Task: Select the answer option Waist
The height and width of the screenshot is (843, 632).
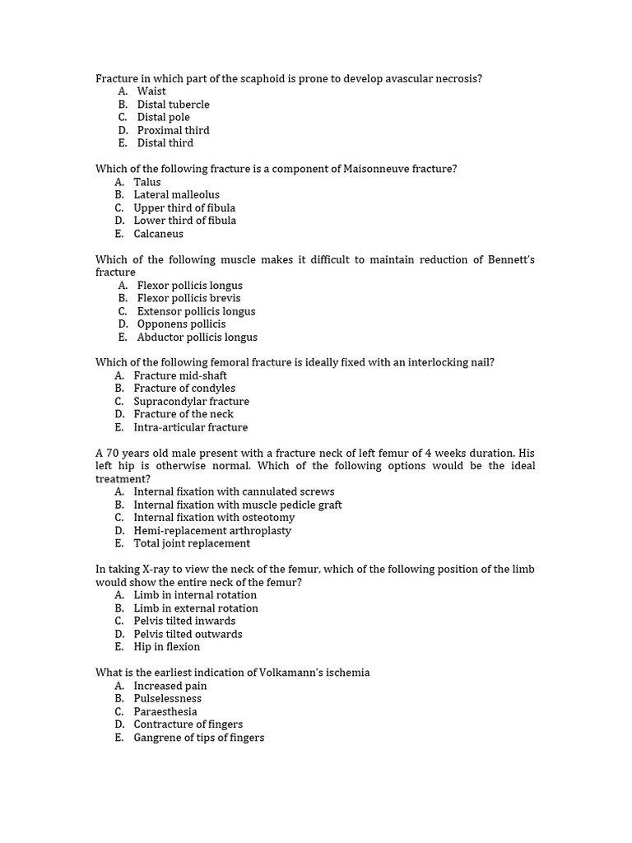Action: click(151, 91)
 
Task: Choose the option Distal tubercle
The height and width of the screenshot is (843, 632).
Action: click(173, 105)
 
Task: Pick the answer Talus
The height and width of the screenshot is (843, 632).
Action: click(147, 182)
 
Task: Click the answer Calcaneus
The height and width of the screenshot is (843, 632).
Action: click(159, 234)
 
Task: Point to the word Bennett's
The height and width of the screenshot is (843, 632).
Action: click(510, 259)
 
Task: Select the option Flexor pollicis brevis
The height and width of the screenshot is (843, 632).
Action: click(189, 298)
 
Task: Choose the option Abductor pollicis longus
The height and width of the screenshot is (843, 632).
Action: click(197, 337)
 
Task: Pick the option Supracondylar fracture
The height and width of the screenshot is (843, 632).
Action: click(191, 401)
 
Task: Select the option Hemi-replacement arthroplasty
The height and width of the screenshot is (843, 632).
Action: click(212, 530)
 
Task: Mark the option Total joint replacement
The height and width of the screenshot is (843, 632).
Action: click(192, 543)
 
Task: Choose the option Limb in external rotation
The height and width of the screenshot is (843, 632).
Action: click(196, 608)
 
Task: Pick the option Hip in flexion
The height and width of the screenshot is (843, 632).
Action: click(166, 646)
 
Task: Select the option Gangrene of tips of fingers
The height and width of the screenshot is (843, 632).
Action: click(199, 737)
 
